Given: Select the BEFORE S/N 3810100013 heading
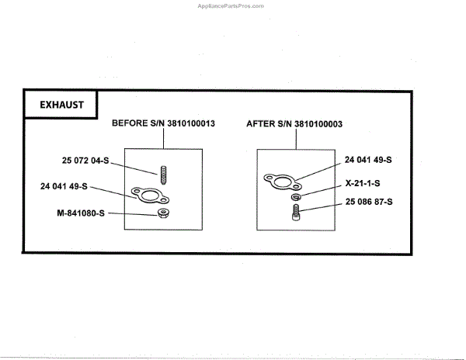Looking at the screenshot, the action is [163, 123].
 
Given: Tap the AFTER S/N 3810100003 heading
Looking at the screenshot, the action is [295, 123].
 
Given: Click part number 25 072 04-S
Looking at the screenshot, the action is [87, 161].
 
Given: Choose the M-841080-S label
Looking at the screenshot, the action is [80, 212].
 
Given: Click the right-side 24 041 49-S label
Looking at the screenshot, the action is [368, 159].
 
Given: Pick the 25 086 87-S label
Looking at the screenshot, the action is [368, 202].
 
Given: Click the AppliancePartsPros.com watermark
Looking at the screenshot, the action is [231, 5].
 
